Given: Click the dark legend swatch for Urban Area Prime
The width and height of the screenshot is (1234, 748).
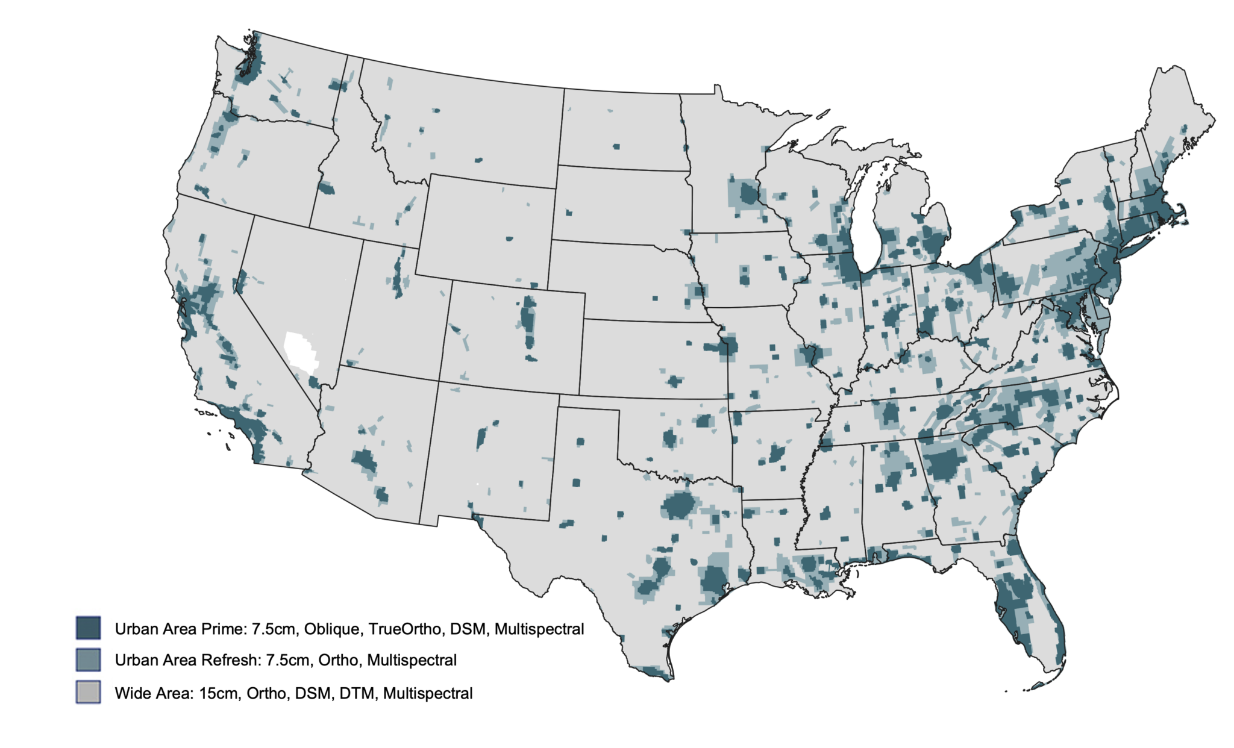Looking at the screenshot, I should pos(88,628).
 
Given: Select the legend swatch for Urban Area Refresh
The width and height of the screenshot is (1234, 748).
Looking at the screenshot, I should pos(88,659).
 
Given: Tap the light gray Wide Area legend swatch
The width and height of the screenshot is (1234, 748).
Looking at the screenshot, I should pos(88,692).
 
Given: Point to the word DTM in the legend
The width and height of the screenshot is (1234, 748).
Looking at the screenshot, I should pos(357,694).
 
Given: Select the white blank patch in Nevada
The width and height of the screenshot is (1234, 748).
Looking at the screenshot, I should pos(301,351).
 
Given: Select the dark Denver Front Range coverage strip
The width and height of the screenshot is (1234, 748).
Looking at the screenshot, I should pos(528,319).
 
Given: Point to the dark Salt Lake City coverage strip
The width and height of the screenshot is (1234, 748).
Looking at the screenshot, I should pos(398,277).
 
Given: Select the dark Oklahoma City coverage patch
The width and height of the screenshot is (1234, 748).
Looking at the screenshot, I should pos(670,438).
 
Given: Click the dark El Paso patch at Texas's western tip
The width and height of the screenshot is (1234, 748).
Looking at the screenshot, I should pos(477,517).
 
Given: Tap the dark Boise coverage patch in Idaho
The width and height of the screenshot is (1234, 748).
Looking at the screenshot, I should pos(326,189).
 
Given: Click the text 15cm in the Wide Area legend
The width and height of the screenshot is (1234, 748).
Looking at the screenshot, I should pos(218,694).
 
